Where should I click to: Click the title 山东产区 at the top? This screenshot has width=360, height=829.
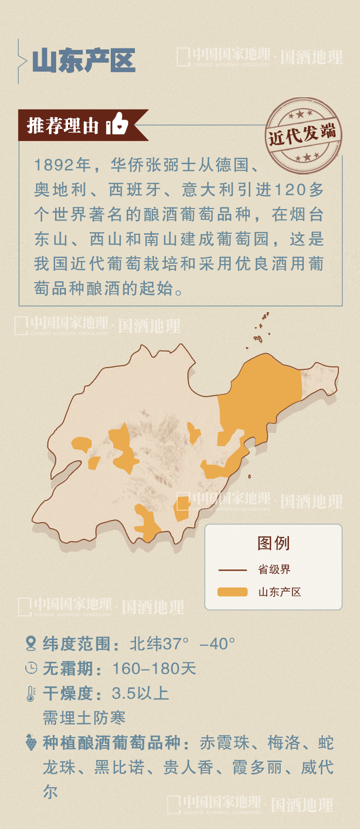point(83,61)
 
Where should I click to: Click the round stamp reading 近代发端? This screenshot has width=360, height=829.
point(303,135)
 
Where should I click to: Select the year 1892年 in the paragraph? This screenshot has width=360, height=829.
point(62,165)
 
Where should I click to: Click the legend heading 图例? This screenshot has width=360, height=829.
point(273,543)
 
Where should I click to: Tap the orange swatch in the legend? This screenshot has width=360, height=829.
point(232,592)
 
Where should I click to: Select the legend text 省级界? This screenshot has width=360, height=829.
point(274,569)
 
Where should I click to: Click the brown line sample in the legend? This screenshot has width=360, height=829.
point(232,570)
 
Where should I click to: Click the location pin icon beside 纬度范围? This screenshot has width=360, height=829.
point(31,643)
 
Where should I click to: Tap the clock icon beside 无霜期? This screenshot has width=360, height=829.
point(31,668)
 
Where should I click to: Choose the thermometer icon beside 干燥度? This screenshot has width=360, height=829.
point(31,693)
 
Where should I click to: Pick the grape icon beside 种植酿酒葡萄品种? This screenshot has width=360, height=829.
point(31,742)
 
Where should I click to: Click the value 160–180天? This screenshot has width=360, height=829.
point(154,668)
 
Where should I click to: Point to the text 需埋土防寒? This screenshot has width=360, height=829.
point(84,718)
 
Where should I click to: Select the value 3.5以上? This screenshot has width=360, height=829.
point(140,693)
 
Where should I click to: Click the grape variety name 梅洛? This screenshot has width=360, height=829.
point(284,742)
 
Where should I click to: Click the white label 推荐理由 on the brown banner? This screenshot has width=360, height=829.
point(62,125)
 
